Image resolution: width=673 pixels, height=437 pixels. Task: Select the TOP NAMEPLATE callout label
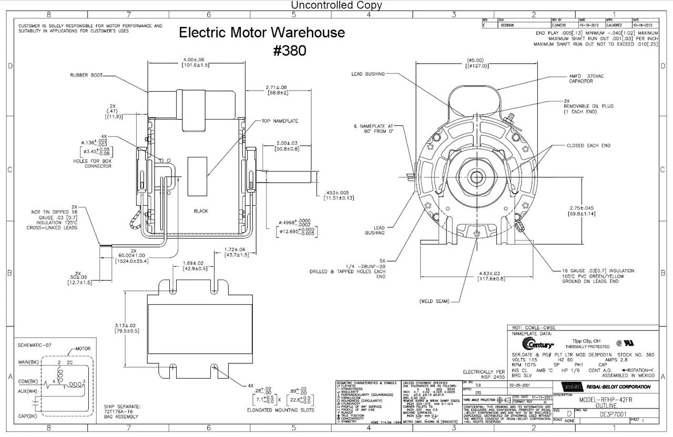click(x=279, y=121)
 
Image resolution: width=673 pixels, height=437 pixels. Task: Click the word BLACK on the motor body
click(x=200, y=211)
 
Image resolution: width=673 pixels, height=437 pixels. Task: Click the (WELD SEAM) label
click(x=435, y=302)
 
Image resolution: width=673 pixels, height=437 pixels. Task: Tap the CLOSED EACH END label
click(x=588, y=145)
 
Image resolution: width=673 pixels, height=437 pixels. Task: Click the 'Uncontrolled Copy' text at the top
click(x=336, y=5)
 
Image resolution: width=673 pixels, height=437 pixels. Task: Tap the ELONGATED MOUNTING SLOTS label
click(x=280, y=409)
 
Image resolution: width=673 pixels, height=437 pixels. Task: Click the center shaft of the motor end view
click(x=477, y=173)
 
